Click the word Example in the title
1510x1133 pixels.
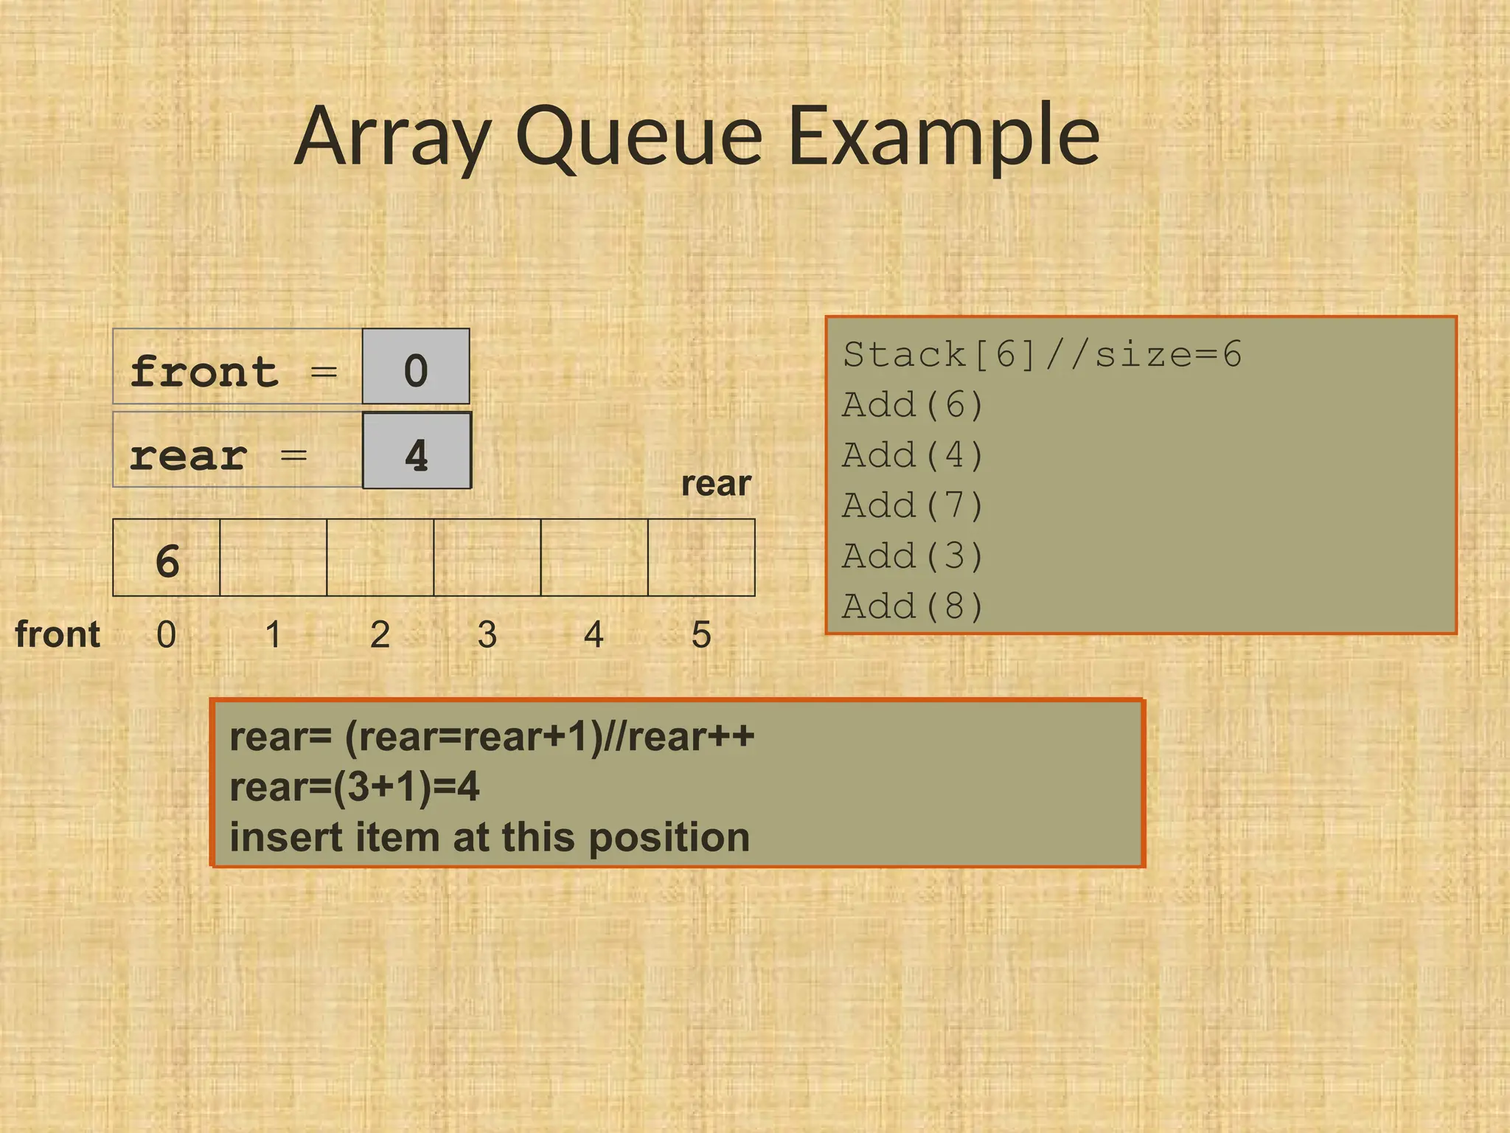pyautogui.click(x=944, y=136)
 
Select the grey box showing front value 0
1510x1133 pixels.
pyautogui.click(x=416, y=367)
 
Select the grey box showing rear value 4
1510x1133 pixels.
pyautogui.click(x=417, y=451)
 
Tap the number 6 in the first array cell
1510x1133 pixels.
pyautogui.click(x=167, y=561)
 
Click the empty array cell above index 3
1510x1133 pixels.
pyautogui.click(x=487, y=558)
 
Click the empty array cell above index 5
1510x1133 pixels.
pyautogui.click(x=701, y=558)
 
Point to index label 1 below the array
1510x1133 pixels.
pyautogui.click(x=274, y=634)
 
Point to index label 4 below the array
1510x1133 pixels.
pyautogui.click(x=594, y=634)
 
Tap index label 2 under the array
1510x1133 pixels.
pyautogui.click(x=380, y=634)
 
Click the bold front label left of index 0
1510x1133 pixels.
pyautogui.click(x=58, y=634)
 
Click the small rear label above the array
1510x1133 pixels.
pyautogui.click(x=715, y=484)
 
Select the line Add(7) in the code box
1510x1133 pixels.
pyautogui.click(x=913, y=506)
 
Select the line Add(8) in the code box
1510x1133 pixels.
pyautogui.click(x=913, y=606)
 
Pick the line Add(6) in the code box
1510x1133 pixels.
pyautogui.click(x=913, y=405)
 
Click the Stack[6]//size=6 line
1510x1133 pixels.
pyautogui.click(x=1042, y=355)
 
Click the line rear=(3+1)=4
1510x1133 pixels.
pyautogui.click(x=354, y=787)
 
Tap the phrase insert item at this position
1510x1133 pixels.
pyautogui.click(x=490, y=838)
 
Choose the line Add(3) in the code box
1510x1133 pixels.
pyautogui.click(x=913, y=556)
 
